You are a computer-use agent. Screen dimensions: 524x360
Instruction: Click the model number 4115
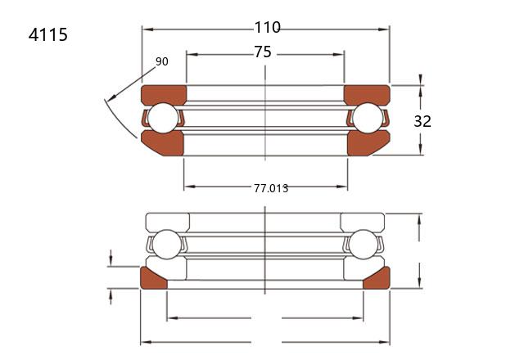click(48, 34)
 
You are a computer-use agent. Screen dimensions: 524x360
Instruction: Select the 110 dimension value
click(268, 27)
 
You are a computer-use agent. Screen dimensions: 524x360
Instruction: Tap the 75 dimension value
click(263, 52)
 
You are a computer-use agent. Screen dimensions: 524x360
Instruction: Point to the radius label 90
click(162, 61)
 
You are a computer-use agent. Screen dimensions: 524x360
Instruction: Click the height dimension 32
click(422, 121)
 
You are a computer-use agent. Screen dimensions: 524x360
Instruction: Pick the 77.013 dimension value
click(271, 188)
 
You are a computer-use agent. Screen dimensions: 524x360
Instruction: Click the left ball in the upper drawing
click(163, 118)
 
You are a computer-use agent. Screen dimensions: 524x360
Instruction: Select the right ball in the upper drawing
click(368, 118)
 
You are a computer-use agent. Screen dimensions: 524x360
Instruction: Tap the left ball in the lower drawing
click(166, 245)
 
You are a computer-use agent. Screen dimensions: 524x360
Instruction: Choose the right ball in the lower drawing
click(363, 245)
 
